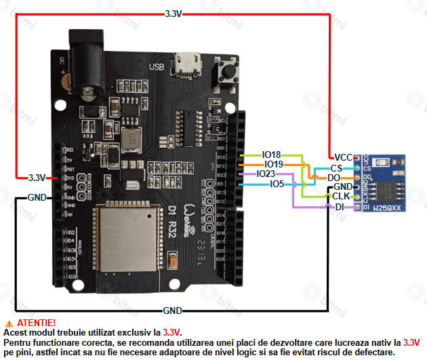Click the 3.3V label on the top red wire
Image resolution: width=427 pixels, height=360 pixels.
pos(174,13)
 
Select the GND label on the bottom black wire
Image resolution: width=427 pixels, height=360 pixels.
pos(172,311)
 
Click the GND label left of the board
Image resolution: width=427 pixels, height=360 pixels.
pos(37,198)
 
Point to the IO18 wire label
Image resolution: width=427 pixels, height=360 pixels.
pos(271,155)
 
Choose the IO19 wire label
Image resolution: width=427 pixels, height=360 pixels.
pos(273,164)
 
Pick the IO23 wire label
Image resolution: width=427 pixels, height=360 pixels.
pos(266,174)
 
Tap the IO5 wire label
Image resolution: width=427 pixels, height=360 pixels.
pos(277,184)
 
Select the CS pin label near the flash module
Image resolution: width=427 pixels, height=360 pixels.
pos(336,167)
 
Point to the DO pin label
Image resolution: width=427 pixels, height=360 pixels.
pos(333,177)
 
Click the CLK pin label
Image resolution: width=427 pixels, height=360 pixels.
pos(340,196)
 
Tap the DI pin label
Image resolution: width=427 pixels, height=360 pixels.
pos(339,206)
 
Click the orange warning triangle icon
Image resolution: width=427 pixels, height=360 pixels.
pos(8,323)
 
